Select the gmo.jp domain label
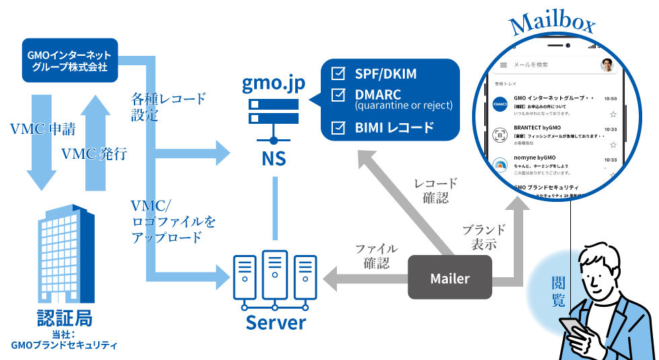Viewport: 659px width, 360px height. (x=273, y=85)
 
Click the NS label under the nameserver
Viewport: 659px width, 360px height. (x=274, y=159)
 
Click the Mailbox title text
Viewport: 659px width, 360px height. (x=551, y=26)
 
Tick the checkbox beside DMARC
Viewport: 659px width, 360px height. (x=339, y=96)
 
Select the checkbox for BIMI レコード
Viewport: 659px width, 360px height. (x=339, y=127)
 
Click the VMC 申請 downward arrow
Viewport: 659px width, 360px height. (x=41, y=141)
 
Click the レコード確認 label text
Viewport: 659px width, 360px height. (x=435, y=190)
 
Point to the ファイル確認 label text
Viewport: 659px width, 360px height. (x=376, y=256)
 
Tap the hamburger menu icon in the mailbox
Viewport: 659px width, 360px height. (x=502, y=65)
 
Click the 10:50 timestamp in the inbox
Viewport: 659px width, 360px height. (x=610, y=98)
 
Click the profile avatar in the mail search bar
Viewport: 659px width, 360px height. (x=607, y=65)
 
